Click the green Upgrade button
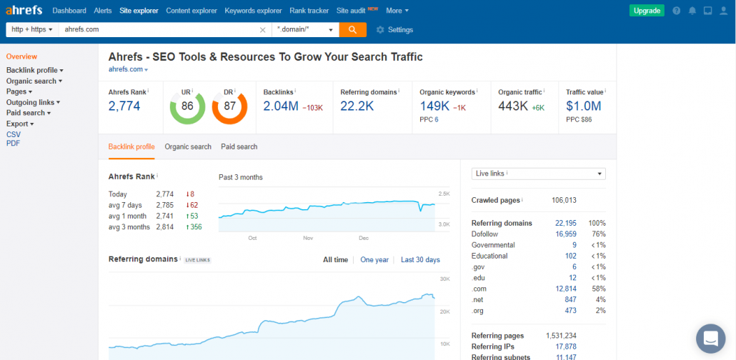(x=647, y=10)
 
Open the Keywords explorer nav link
(x=253, y=10)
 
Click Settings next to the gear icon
(x=400, y=29)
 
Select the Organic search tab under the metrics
(x=188, y=146)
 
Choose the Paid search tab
(x=239, y=146)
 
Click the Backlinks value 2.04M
(x=281, y=106)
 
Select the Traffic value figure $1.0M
(x=584, y=106)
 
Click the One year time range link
(x=374, y=259)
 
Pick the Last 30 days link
(x=420, y=259)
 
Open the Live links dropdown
(x=538, y=174)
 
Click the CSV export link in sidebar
(x=13, y=134)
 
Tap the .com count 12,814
(x=566, y=289)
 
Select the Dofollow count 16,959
(x=566, y=234)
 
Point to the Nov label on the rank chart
(x=308, y=238)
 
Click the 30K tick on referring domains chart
(x=445, y=279)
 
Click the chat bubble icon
(x=711, y=339)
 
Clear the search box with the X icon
(x=263, y=29)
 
